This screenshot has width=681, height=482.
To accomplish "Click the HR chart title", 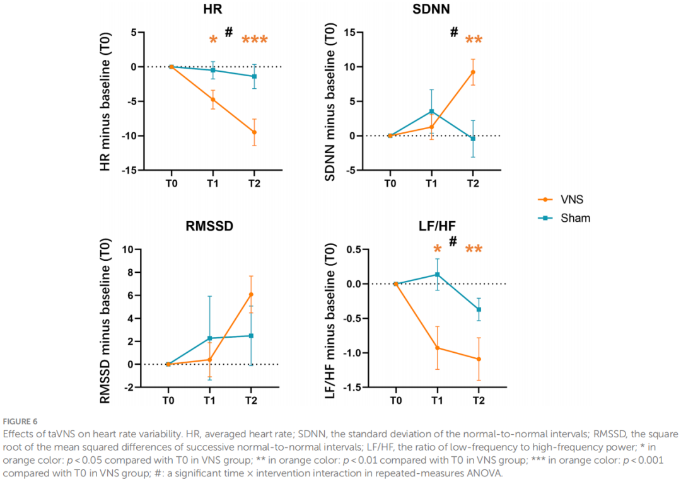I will [212, 11].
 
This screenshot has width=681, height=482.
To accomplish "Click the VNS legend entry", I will [571, 199].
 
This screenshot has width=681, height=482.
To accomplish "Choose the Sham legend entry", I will [574, 218].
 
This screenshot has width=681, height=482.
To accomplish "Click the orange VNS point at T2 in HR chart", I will [254, 132].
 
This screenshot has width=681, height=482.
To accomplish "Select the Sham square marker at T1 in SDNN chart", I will [431, 112].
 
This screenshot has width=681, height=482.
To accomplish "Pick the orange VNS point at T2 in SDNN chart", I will [473, 72].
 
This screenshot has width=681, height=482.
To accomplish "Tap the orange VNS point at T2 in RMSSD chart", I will [251, 294].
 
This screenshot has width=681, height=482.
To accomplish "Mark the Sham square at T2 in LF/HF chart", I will [479, 309].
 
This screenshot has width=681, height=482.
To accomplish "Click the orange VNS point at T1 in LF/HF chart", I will [437, 348].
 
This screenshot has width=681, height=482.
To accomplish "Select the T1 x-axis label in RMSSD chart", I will [209, 401].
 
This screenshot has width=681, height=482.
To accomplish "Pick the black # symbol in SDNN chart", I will [453, 32].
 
